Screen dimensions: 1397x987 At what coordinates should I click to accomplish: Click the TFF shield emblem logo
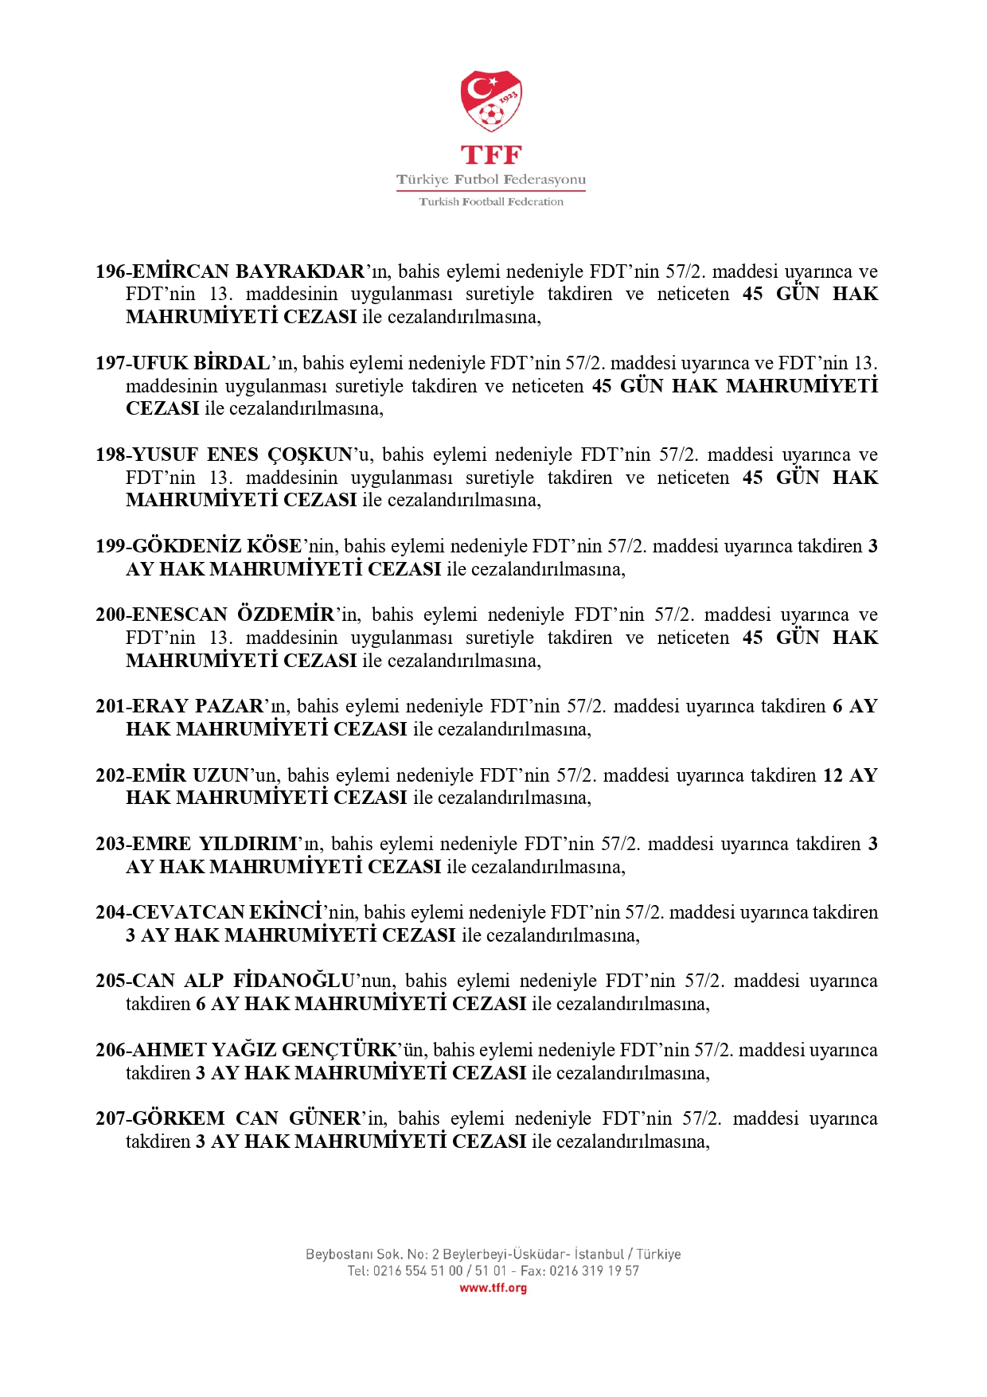491,101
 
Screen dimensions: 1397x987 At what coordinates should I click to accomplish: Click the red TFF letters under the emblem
491,154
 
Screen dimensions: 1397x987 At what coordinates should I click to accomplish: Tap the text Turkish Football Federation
491,202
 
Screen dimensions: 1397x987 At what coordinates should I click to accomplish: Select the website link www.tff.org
493,1288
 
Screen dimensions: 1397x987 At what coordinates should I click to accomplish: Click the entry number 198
110,455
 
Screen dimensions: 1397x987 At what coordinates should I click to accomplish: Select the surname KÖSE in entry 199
274,546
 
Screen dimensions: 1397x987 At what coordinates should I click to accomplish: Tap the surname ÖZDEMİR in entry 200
286,615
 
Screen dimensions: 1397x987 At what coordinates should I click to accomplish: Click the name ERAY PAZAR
197,706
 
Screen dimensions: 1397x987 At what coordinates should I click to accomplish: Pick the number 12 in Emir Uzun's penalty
833,775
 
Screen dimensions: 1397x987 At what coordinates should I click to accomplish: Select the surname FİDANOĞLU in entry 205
294,981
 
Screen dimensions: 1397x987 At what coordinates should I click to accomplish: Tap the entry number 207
110,1118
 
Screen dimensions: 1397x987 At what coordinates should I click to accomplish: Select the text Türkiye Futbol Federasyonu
491,180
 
